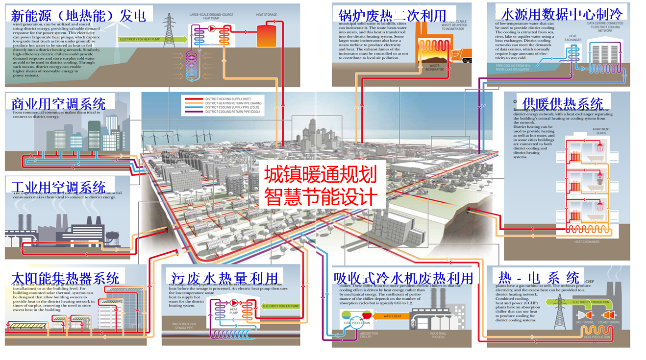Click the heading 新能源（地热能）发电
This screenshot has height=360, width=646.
coord(78,15)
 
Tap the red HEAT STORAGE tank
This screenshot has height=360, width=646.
coord(267,34)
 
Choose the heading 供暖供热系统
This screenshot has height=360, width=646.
coord(563,104)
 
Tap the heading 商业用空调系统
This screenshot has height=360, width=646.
coord(58,104)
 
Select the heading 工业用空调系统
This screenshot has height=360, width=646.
coord(58,187)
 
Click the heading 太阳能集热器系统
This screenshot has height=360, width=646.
coord(65,279)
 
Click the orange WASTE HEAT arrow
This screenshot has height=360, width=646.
coord(391,316)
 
